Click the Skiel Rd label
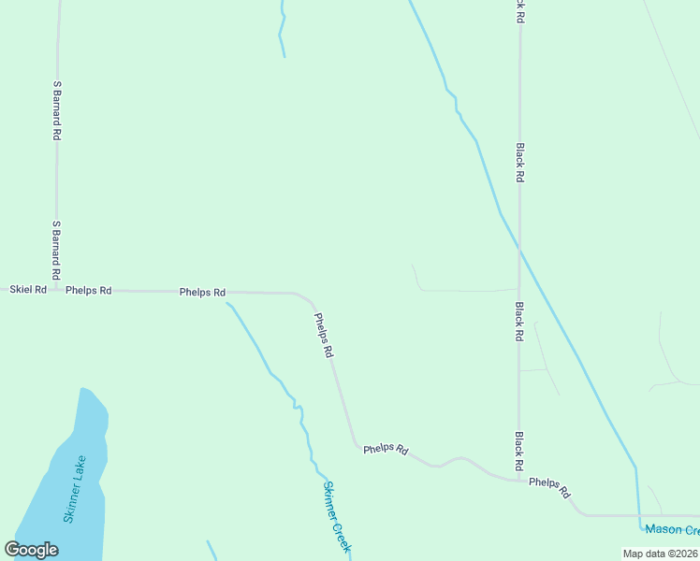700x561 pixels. (28, 290)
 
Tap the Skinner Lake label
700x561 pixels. (75, 488)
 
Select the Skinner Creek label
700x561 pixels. (336, 516)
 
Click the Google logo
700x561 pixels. (31, 550)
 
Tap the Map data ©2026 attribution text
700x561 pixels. (661, 554)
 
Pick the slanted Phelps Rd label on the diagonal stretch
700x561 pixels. (324, 336)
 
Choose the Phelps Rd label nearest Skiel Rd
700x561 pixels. (89, 291)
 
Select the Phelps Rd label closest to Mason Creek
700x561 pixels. (549, 487)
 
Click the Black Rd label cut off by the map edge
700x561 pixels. (519, 10)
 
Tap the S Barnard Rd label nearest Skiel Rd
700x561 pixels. (56, 249)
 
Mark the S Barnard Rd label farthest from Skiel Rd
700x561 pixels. (57, 110)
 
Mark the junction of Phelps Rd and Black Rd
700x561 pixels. (519, 481)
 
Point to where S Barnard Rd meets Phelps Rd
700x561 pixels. (57, 290)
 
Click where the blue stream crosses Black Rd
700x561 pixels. (519, 251)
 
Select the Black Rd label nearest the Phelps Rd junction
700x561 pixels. (518, 451)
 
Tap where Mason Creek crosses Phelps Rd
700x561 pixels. (639, 515)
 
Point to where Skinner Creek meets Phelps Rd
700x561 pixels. (227, 302)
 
